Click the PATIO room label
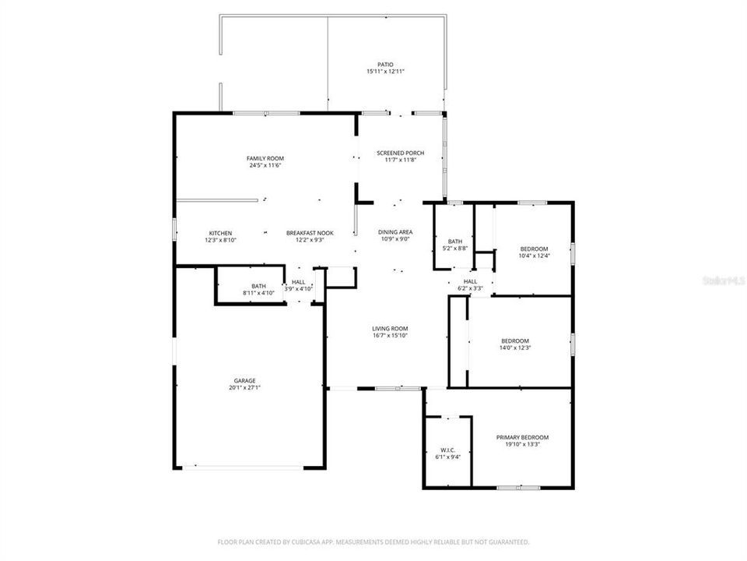click(x=385, y=65)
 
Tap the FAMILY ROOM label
click(x=265, y=158)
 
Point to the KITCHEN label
click(x=220, y=233)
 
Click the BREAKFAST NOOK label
click(x=310, y=233)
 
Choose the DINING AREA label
click(x=395, y=232)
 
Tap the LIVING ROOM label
click(x=390, y=329)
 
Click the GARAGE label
click(x=244, y=381)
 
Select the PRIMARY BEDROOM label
click(x=522, y=438)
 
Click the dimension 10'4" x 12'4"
click(x=534, y=256)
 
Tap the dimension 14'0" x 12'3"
click(x=514, y=348)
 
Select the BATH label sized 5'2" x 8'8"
click(x=455, y=242)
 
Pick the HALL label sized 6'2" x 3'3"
click(x=470, y=281)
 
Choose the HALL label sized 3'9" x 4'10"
click(x=299, y=282)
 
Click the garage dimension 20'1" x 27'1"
click(x=244, y=387)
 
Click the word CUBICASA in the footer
click(x=298, y=542)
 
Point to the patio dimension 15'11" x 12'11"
click(x=385, y=71)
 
